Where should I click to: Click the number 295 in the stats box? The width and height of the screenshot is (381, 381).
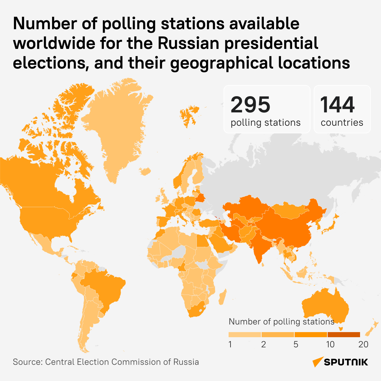(251, 105)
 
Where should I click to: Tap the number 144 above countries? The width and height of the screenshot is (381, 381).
(337, 105)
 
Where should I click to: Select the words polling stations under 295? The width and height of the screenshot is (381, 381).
(265, 123)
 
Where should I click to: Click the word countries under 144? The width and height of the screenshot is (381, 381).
(342, 123)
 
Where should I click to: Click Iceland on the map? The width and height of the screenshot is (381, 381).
(145, 171)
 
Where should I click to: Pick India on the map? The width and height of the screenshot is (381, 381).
(260, 244)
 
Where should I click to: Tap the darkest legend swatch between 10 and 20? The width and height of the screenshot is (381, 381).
(344, 335)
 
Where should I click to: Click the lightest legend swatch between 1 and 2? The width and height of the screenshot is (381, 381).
(245, 335)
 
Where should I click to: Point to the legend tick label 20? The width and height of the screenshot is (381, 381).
(363, 344)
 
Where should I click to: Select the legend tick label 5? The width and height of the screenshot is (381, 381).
(296, 344)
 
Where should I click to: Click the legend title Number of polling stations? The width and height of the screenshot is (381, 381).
(281, 322)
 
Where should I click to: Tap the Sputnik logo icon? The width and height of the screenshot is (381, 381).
(317, 362)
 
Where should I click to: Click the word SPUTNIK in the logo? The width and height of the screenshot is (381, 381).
(346, 362)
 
